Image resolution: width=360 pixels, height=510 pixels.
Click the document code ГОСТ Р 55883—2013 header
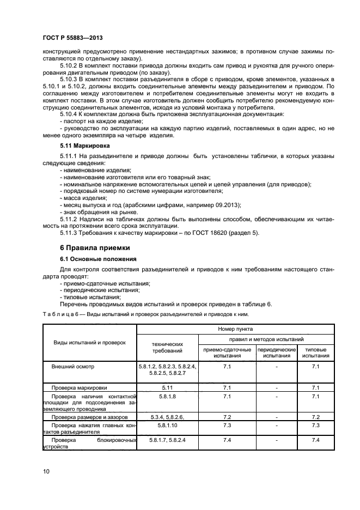[x=72, y=38]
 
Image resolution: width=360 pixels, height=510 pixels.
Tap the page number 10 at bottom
[x=46, y=470]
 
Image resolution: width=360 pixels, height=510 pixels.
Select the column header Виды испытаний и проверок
[x=89, y=342]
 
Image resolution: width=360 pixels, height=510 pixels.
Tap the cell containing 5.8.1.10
[x=167, y=424]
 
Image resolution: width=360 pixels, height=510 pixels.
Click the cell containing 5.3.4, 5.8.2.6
[x=167, y=416]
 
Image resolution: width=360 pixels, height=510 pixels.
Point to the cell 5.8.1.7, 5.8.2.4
[x=167, y=439]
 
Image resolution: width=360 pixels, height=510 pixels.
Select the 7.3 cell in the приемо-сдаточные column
[x=227, y=424]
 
